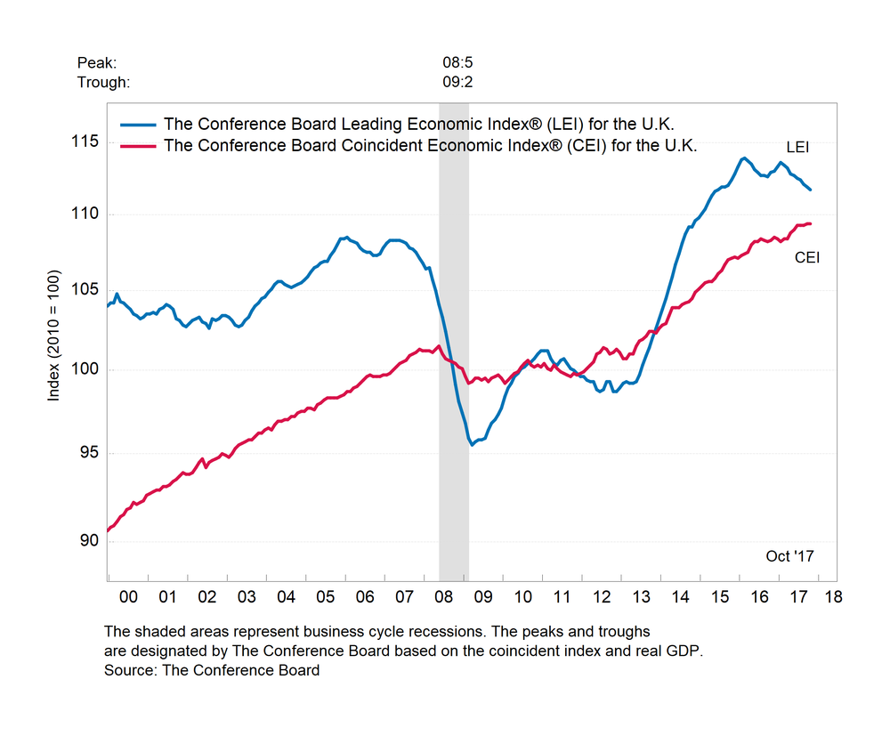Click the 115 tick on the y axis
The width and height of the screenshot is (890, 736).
click(87, 142)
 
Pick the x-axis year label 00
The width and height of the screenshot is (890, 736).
click(127, 595)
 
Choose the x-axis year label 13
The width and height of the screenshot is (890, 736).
click(640, 595)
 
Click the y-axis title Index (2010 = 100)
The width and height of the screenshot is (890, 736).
click(54, 337)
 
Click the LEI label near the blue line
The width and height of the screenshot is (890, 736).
click(797, 146)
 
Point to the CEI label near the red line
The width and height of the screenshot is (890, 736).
click(806, 258)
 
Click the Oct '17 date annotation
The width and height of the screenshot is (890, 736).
click(789, 556)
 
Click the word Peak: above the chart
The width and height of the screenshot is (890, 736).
click(97, 63)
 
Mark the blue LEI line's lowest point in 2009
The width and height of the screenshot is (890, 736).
click(472, 443)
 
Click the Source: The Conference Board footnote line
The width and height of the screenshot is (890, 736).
click(212, 670)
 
